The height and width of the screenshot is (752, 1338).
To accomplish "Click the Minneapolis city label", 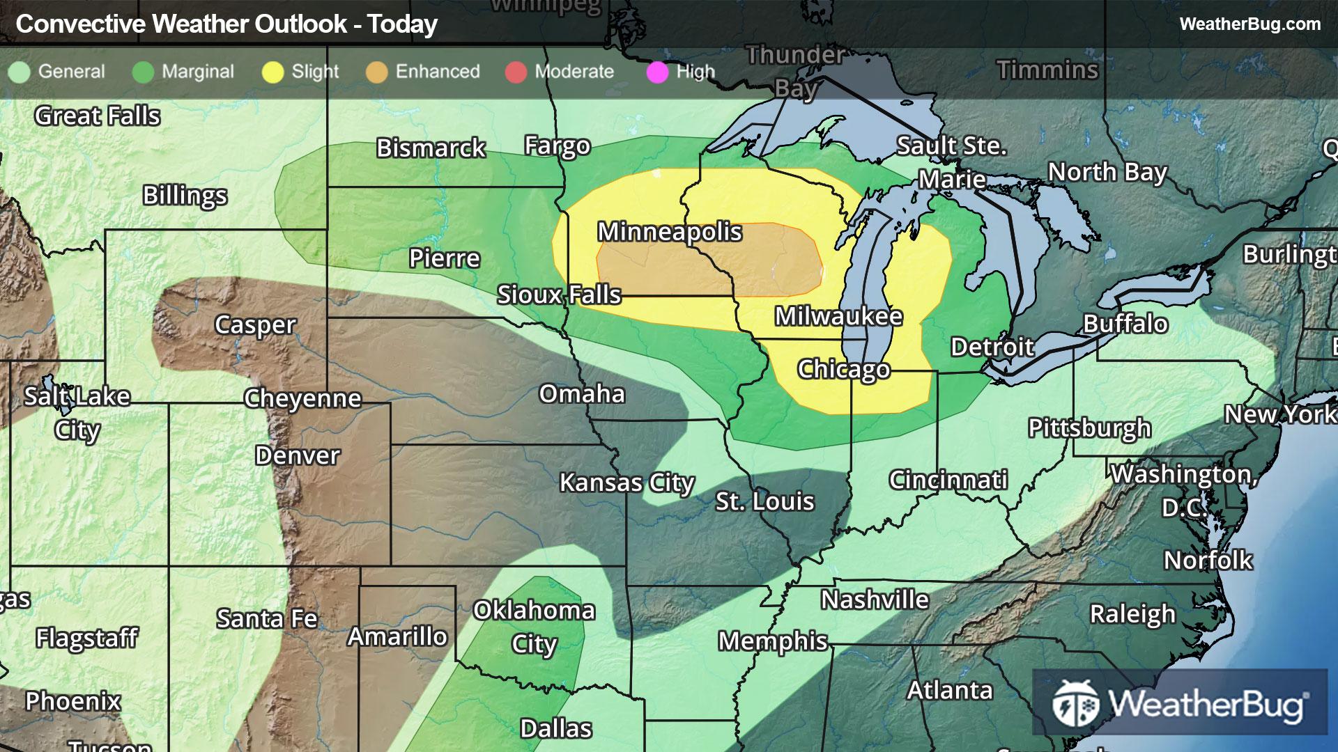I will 670,232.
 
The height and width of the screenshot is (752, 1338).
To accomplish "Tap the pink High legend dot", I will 657,72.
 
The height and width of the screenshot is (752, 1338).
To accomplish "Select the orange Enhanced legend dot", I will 377,72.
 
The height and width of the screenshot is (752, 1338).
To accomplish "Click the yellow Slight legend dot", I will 272,72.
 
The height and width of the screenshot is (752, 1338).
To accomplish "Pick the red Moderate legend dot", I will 516,72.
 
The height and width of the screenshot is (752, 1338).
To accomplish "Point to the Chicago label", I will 843,369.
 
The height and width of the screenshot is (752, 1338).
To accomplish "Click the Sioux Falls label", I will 559,295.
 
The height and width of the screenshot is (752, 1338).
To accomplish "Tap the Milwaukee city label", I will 838,317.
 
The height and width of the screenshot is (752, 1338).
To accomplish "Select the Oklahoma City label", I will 534,627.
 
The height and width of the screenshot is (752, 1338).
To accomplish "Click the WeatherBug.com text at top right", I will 1249,24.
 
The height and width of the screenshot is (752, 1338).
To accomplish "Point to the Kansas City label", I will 626,483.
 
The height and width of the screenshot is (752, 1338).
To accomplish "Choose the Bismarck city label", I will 431,148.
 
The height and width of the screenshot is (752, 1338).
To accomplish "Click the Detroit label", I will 992,347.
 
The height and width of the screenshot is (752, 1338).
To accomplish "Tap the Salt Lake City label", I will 77,413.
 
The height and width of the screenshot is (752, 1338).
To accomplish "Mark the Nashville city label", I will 875,600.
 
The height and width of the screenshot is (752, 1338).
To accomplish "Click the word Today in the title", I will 402,24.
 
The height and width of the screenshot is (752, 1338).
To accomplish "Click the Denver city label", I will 298,455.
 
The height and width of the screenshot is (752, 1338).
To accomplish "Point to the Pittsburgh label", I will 1089,428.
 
